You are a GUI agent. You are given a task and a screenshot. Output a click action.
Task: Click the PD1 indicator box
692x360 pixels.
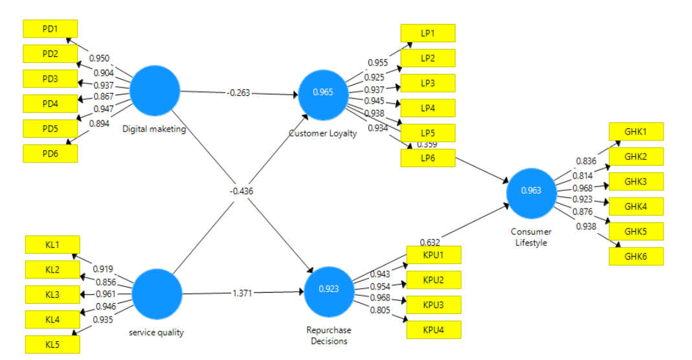[50, 28]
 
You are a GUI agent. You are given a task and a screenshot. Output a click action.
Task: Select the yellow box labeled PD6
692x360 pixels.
[50, 153]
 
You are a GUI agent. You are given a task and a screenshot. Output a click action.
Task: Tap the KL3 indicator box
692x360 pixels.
[52, 295]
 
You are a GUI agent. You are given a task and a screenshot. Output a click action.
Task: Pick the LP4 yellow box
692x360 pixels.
[428, 108]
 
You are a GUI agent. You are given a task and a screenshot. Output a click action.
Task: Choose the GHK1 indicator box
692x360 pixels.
[636, 131]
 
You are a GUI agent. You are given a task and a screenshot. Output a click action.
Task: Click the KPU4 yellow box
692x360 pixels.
[433, 330]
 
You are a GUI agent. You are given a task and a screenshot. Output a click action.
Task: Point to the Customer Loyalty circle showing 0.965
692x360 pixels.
[323, 93]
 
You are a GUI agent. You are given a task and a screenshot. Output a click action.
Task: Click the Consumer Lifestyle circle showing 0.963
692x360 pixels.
[531, 190]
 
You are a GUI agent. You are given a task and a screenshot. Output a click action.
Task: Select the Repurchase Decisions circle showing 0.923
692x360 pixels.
[328, 289]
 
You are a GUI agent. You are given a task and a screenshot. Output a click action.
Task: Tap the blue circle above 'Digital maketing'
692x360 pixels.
[155, 90]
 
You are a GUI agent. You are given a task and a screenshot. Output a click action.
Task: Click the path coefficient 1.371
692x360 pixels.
[243, 293]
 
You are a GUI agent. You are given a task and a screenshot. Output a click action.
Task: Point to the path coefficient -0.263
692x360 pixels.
[238, 93]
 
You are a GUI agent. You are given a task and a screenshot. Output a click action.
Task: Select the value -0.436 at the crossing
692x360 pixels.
[241, 192]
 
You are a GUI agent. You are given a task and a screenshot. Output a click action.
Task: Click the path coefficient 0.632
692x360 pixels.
[430, 243]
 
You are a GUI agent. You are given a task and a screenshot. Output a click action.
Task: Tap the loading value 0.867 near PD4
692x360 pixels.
[104, 96]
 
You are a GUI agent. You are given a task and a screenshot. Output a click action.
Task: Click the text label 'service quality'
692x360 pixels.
[157, 333]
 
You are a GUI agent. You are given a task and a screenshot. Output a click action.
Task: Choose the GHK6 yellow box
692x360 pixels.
[636, 256]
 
